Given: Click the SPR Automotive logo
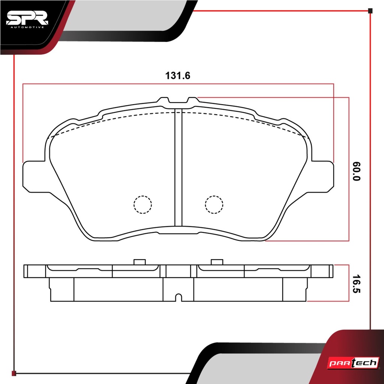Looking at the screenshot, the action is tap(27, 19).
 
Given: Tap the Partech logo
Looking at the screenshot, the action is tap(353, 363).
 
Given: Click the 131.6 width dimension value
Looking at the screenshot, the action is tap(178, 76).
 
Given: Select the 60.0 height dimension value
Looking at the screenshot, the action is tap(356, 171).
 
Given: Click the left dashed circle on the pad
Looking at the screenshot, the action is tap(143, 204).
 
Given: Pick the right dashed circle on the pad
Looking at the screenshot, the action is tap(214, 204).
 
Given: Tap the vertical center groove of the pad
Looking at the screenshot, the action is tap(178, 167).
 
